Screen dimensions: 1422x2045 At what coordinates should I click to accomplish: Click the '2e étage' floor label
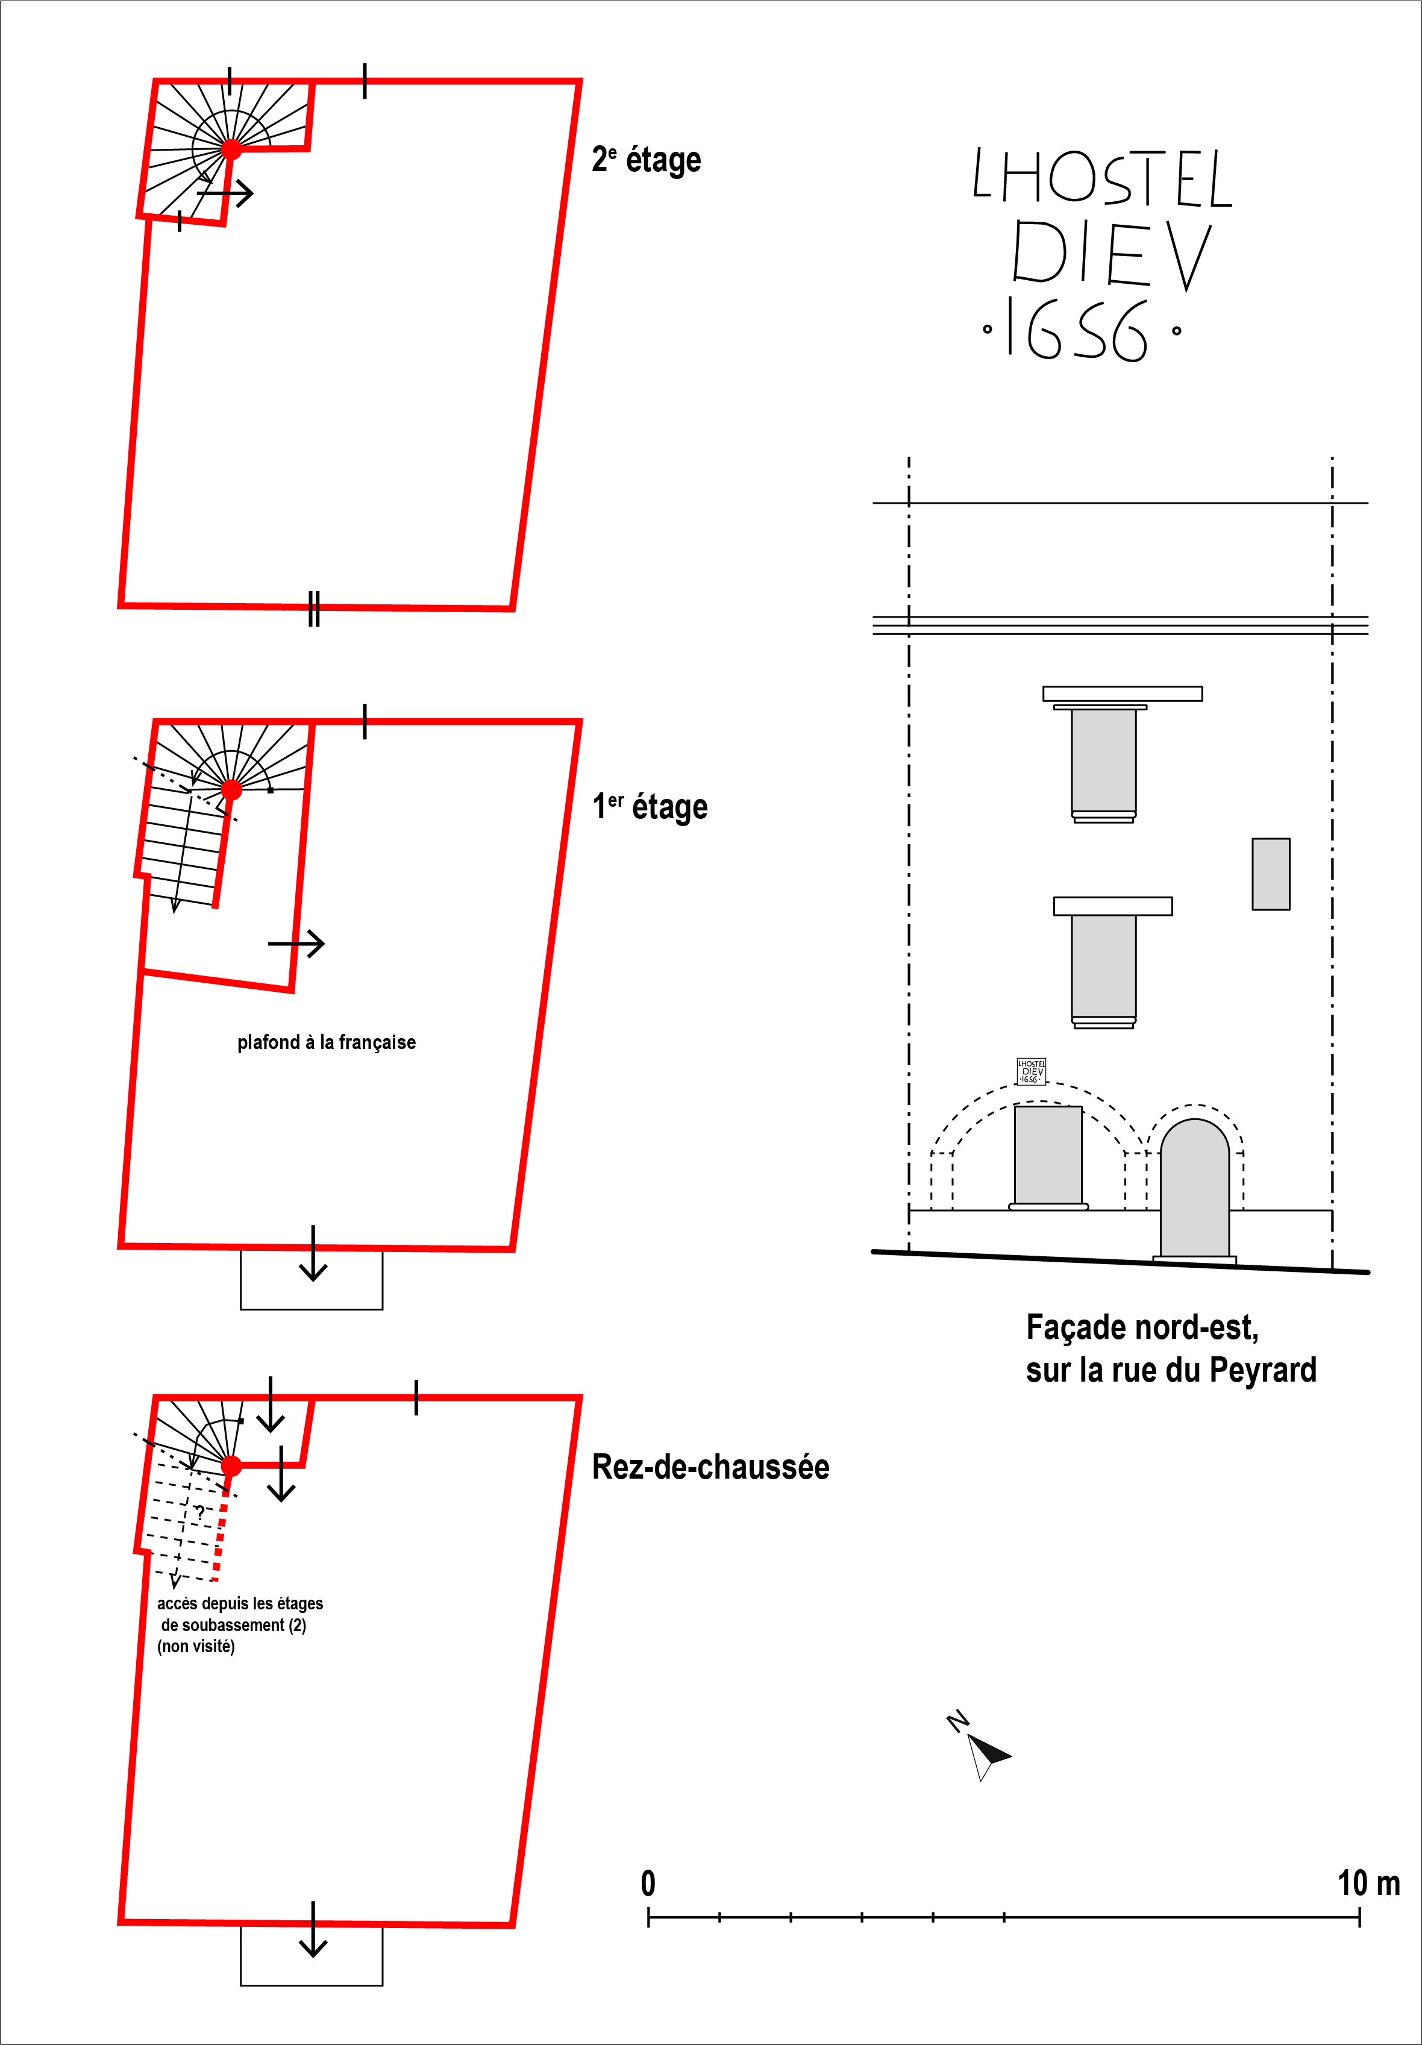[647, 160]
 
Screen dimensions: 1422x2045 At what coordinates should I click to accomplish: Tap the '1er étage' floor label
[650, 807]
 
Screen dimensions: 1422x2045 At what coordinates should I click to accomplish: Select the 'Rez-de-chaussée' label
[710, 1467]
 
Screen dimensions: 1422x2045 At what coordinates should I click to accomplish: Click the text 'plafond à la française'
[326, 1042]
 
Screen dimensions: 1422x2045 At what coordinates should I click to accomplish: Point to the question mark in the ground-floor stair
[200, 1512]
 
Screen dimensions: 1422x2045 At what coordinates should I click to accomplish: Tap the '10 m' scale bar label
[1368, 1884]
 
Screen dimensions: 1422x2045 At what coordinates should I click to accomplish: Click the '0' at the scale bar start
[648, 1884]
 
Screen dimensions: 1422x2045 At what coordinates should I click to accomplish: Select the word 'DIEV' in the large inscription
[1111, 255]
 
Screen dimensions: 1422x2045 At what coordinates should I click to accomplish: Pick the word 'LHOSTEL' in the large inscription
[1102, 177]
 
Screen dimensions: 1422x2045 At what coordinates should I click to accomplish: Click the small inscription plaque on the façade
[1031, 1071]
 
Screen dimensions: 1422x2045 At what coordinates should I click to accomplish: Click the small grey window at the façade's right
[1271, 874]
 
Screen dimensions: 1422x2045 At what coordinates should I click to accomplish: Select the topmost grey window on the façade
[1104, 762]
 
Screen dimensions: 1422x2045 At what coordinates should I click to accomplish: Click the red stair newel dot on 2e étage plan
[231, 149]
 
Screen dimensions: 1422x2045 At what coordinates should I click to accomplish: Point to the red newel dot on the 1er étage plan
[231, 789]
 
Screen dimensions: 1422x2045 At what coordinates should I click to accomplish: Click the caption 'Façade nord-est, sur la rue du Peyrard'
[1171, 1348]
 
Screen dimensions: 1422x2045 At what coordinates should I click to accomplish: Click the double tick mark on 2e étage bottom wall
[313, 609]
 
